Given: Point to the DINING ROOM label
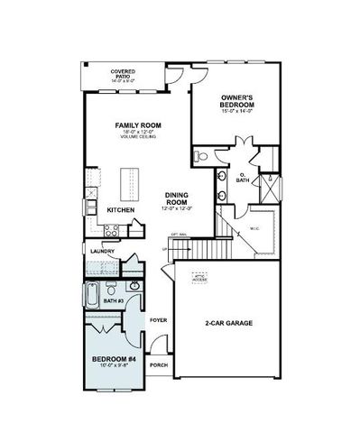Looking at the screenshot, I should [177, 198].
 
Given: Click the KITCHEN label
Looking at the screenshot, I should [121, 210].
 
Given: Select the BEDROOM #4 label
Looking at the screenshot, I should [114, 361].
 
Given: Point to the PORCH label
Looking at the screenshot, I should [159, 365].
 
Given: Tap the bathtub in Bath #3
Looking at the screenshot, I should [93, 295].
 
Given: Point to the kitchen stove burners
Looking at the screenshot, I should [110, 230].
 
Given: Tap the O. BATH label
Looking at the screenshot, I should [243, 179].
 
